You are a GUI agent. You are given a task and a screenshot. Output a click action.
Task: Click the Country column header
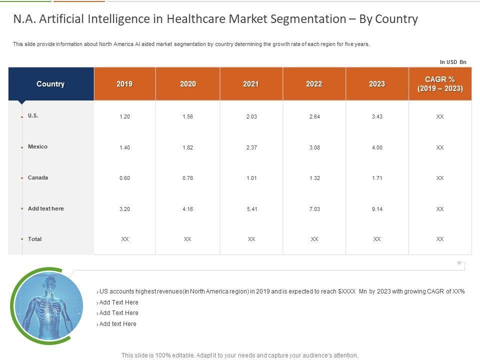pos(50,84)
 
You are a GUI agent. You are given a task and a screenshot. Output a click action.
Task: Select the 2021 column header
pos(251,84)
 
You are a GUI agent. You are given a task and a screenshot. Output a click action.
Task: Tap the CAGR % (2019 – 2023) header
pos(440,84)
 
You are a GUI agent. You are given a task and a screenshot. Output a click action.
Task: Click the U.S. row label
pos(33,115)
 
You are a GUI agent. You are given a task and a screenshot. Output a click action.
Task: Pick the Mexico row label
pos(37,146)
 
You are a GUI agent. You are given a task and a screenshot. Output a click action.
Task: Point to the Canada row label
pos(38,177)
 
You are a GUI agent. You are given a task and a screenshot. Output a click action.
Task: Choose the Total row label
pos(34,239)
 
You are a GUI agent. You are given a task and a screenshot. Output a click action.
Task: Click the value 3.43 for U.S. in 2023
pos(377,116)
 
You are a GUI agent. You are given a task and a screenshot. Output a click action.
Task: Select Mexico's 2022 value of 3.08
pos(314,147)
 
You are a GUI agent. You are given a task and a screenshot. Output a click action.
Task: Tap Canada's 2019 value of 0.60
pos(124,178)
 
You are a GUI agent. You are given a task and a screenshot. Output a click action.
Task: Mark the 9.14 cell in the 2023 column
pos(377,209)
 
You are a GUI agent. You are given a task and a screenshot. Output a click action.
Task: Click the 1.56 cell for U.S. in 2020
pos(187,116)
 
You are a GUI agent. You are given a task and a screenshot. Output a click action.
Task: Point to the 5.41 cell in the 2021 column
pos(251,209)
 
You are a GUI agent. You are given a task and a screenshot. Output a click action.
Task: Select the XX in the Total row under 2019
pos(125,239)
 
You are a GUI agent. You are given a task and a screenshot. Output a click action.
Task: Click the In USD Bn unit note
pos(452,62)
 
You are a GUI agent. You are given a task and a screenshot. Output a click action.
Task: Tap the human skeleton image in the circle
pos(48,305)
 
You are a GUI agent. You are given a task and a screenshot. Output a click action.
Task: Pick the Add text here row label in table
pos(45,208)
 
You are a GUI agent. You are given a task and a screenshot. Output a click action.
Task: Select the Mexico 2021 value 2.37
pos(251,147)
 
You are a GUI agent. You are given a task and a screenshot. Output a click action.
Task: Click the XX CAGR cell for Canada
pos(440,178)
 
